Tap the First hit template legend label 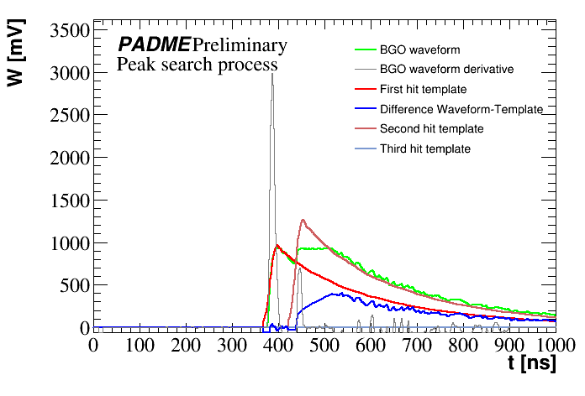tap(423, 89)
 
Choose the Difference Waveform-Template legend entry tap(461, 109)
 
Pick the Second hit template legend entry tap(431, 129)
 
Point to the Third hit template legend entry tap(424, 149)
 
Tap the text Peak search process tap(197, 64)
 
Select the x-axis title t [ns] tap(533, 363)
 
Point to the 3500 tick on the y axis tap(65, 32)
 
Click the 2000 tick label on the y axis tap(65, 159)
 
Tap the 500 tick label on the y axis tap(71, 285)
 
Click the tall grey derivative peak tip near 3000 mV tap(272, 74)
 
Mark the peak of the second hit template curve tap(302, 220)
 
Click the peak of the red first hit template tap(277, 245)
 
